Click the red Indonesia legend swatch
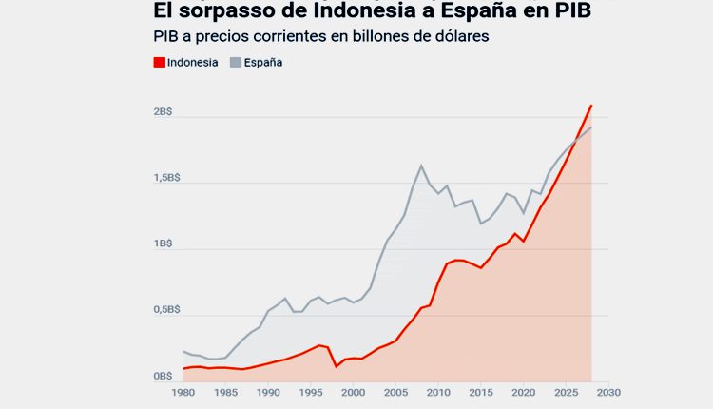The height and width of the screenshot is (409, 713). pos(159,63)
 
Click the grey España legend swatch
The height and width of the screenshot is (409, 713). pos(236,63)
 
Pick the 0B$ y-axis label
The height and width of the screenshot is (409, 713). pos(162,377)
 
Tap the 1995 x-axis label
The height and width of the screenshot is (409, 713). pos(310,392)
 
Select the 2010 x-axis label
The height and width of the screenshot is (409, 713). pos(437,392)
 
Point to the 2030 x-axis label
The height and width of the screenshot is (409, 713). pos(608,392)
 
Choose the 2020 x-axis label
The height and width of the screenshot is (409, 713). pos(523,392)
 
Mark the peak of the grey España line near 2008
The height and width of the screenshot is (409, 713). pos(421,166)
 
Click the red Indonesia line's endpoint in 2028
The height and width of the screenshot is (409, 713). pos(591,105)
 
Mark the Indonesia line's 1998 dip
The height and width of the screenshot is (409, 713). pos(337,366)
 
